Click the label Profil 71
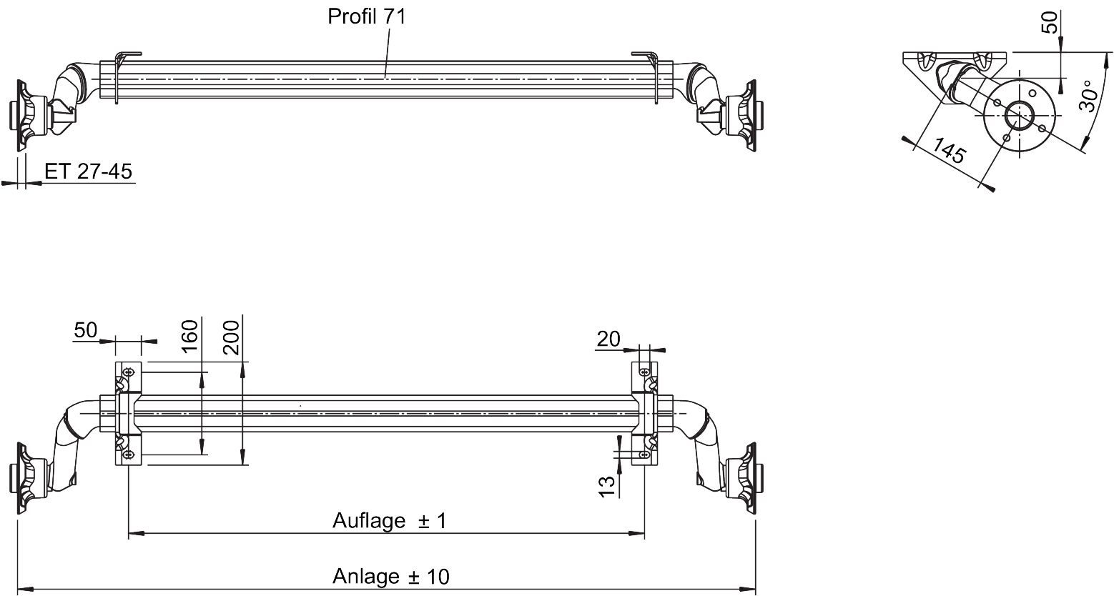coord(367,16)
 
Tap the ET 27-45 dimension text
coord(88,172)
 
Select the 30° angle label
coord(1088,96)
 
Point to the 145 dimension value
coord(949,150)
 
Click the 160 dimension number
coord(189,337)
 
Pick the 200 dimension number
coord(231,337)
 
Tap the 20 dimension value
coord(608,339)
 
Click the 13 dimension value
coord(607,487)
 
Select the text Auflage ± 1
coord(390,520)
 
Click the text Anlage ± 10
coord(391,576)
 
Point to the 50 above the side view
coord(1050,23)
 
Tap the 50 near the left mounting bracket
coord(86,330)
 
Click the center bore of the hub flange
coord(1019,116)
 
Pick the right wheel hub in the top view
coord(744,115)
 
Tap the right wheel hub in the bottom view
coord(744,478)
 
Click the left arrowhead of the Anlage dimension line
coord(26,590)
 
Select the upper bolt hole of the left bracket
coord(129,372)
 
